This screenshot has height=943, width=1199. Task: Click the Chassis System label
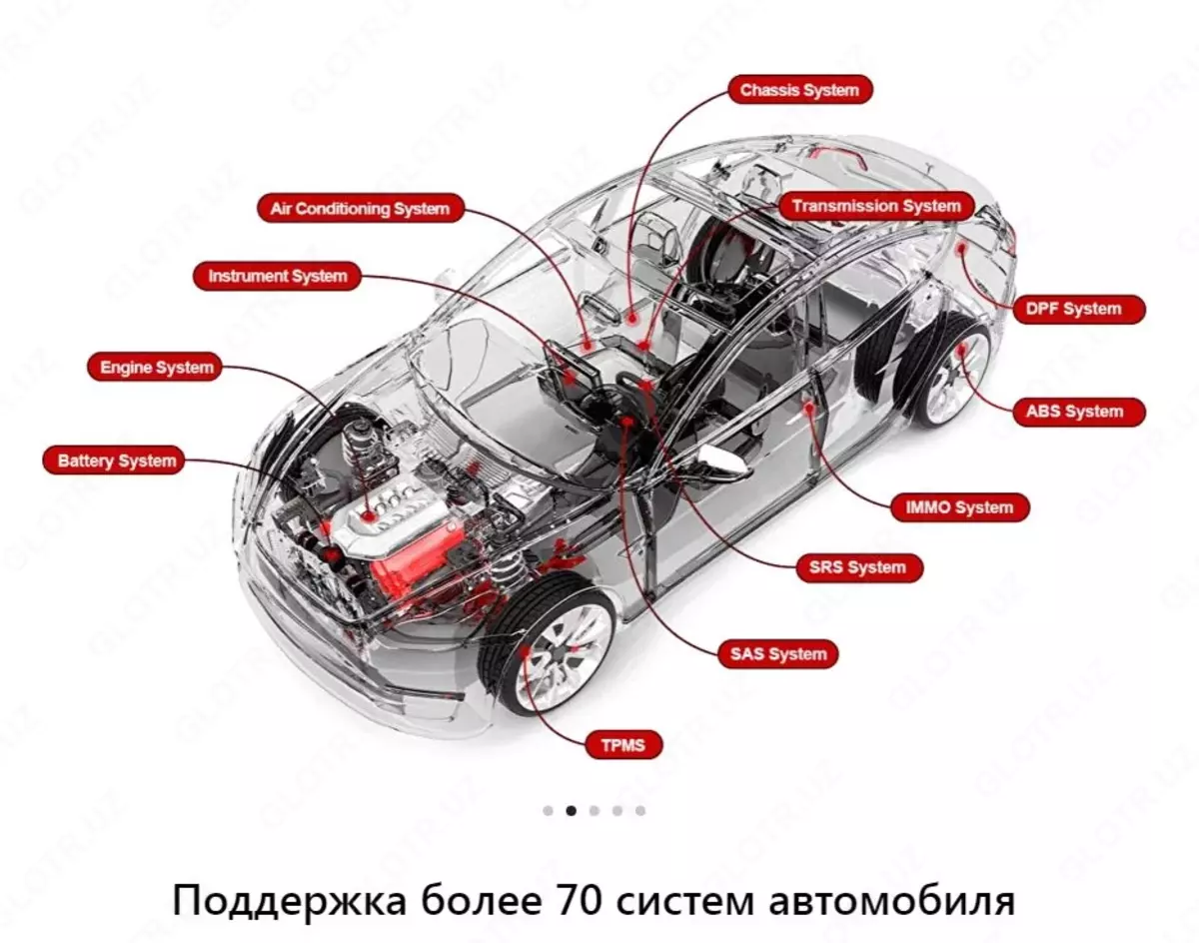(799, 91)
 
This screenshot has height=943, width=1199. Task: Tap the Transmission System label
(876, 207)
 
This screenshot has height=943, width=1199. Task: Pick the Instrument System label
(278, 277)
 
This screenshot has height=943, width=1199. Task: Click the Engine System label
(157, 368)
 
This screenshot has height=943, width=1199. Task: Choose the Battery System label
(117, 462)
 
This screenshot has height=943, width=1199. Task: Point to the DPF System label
(1074, 310)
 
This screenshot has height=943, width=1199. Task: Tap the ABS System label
(1074, 412)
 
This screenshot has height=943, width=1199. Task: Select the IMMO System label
(959, 507)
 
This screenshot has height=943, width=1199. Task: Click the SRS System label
(858, 568)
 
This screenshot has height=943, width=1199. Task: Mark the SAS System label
(776, 655)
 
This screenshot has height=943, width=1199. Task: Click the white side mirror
(723, 459)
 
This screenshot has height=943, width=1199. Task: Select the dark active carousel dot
(571, 810)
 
